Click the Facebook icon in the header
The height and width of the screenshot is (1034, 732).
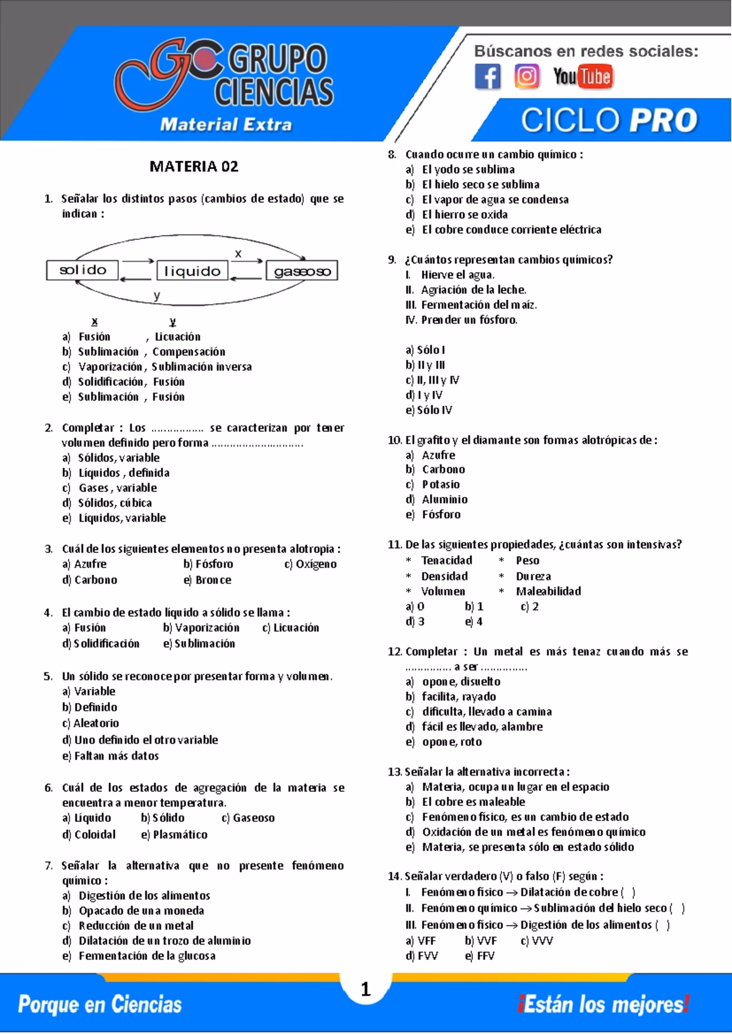[487, 77]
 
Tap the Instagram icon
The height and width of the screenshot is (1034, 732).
[526, 77]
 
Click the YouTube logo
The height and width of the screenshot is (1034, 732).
[583, 77]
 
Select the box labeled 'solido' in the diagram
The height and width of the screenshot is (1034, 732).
[82, 270]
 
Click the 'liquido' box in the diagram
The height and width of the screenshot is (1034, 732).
[192, 271]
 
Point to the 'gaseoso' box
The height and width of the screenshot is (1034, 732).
[302, 271]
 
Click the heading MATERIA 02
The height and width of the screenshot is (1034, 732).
[194, 166]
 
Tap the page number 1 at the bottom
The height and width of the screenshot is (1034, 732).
[365, 989]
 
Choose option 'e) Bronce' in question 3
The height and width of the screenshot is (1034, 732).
[207, 580]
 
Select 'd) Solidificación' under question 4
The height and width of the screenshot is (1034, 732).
[101, 644]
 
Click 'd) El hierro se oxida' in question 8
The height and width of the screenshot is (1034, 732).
[457, 215]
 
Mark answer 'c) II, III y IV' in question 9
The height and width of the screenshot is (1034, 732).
[432, 380]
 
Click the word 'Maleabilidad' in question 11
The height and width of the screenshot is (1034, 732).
[548, 591]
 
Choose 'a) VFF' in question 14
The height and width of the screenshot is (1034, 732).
[420, 941]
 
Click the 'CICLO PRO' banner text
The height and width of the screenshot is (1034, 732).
[609, 120]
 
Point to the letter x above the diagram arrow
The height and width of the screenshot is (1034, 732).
[239, 254]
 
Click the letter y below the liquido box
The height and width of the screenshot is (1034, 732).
[157, 296]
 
